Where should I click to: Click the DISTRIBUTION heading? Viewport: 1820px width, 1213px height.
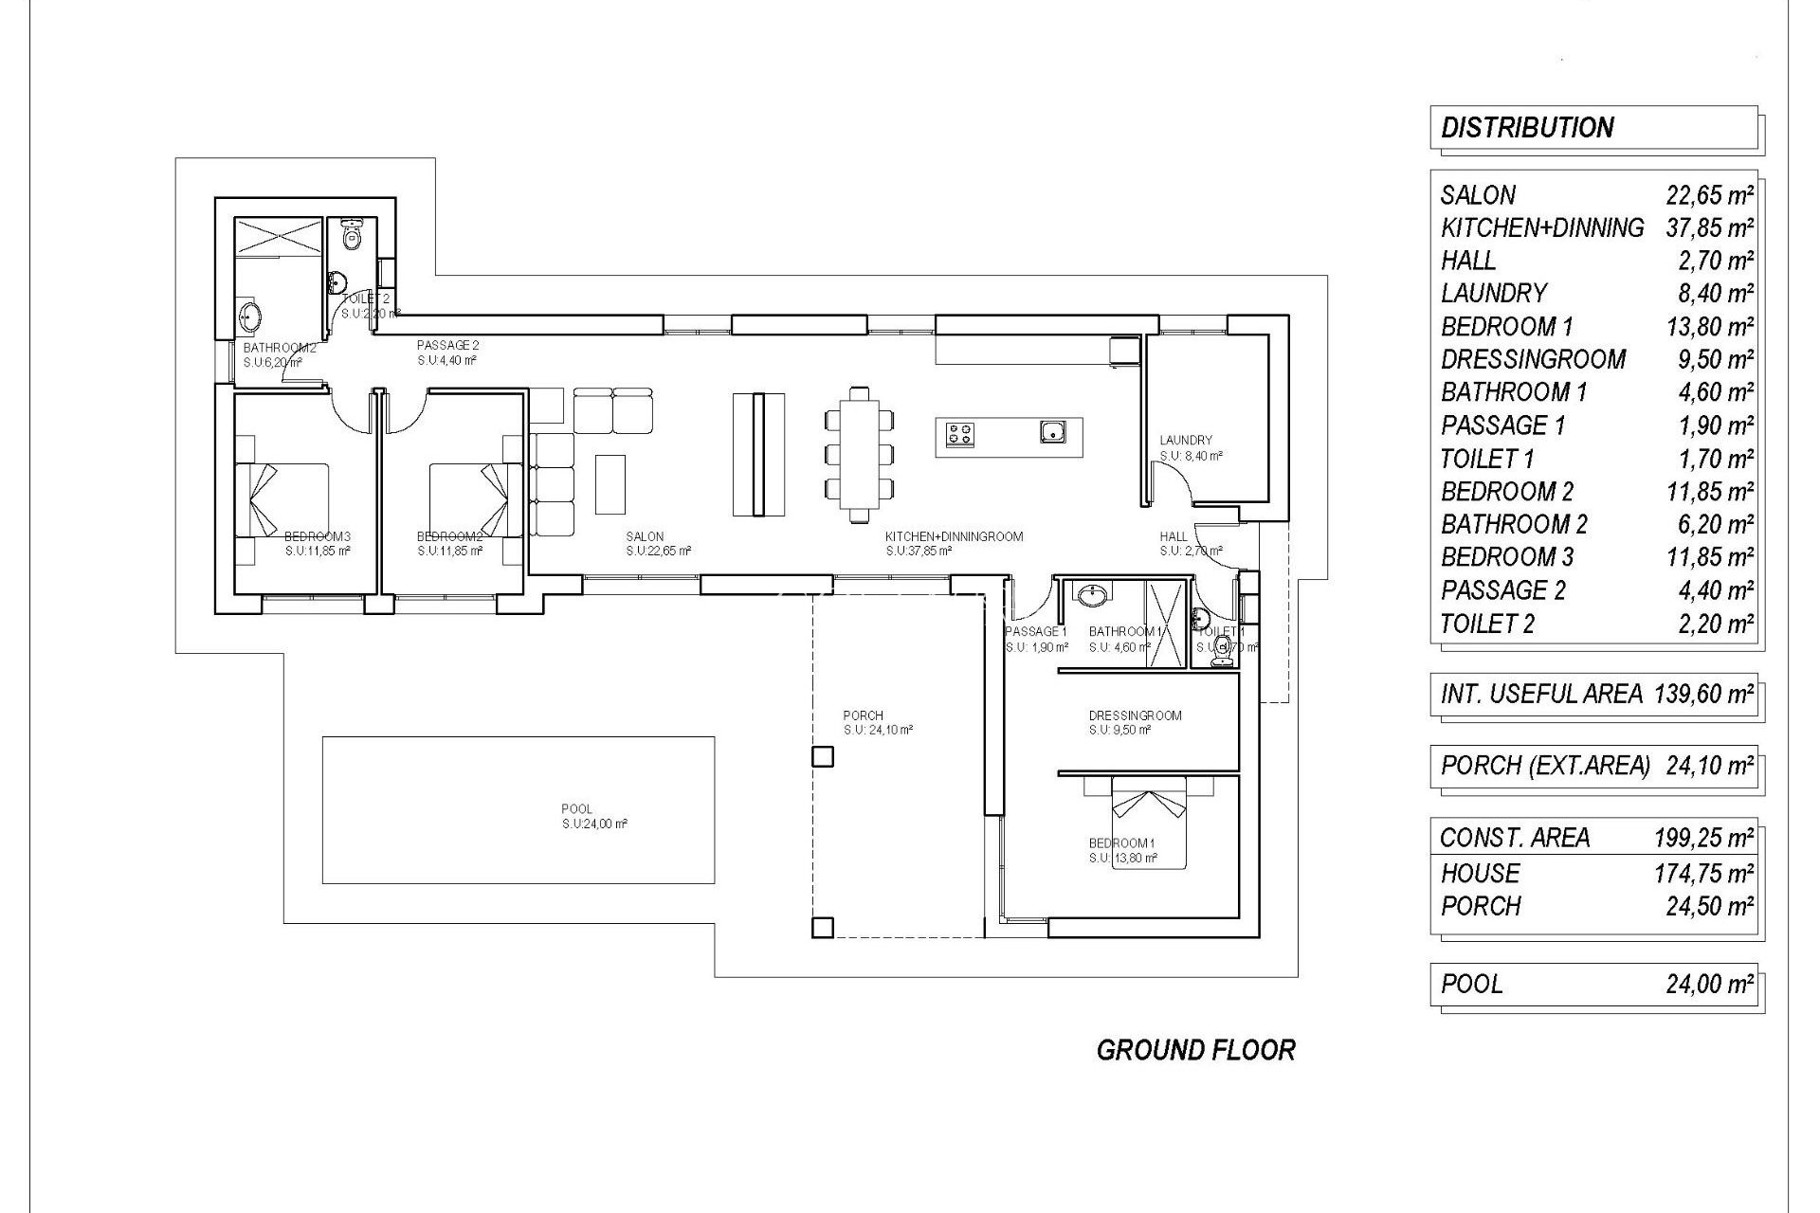[x=1526, y=128]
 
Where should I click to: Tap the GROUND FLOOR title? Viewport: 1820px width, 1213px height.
[x=1195, y=1050]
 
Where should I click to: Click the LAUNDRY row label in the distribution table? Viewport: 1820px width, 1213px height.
[x=1494, y=294]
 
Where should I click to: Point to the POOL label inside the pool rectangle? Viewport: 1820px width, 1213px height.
[x=576, y=809]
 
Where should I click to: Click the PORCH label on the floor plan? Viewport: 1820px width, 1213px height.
[x=863, y=715]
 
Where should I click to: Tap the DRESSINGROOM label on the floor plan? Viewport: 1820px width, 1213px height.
[x=1135, y=715]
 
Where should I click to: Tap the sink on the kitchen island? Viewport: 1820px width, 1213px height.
[x=1053, y=433]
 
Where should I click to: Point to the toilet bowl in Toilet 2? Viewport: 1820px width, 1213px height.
[x=353, y=234]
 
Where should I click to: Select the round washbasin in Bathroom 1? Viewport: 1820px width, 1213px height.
[x=1093, y=595]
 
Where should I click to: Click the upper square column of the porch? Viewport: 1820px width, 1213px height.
[x=823, y=756]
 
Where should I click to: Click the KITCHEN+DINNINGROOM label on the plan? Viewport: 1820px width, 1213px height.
[x=954, y=536]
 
